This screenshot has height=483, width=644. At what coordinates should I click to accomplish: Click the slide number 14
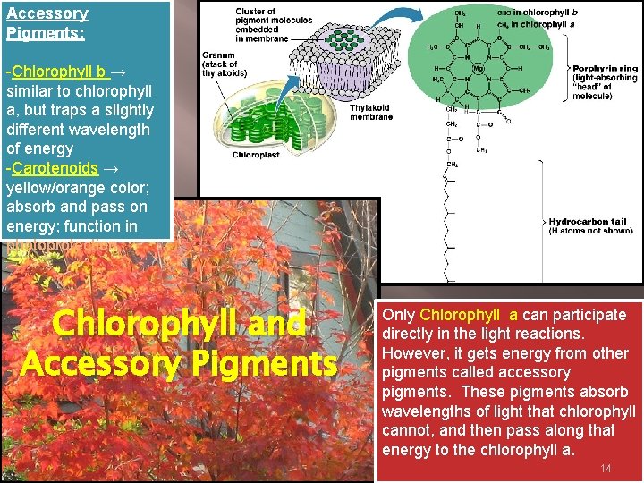pos(606,468)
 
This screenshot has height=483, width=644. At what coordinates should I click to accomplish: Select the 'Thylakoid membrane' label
pos(370,112)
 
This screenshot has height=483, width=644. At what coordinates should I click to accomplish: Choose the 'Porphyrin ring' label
pos(605,69)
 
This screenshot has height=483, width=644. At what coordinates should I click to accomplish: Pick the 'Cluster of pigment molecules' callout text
pos(261,25)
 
